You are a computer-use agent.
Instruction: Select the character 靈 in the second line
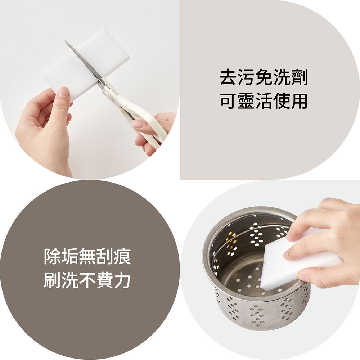point(246,101)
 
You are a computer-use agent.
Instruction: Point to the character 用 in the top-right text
point(299,101)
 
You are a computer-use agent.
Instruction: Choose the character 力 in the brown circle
point(122,280)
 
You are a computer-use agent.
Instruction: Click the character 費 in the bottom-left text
point(105,280)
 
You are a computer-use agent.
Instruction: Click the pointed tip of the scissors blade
point(65,41)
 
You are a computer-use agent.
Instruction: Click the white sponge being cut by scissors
point(85,65)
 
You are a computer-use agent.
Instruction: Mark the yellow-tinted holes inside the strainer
point(231,244)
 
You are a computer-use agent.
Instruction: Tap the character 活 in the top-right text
point(264,101)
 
